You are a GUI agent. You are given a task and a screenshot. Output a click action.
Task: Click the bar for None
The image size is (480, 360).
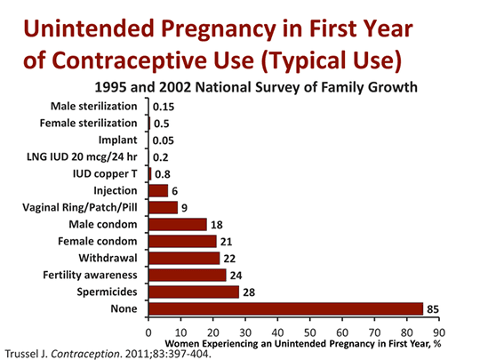pyautogui.click(x=286, y=308)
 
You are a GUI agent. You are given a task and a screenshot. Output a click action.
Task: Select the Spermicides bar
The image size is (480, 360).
pyautogui.click(x=194, y=292)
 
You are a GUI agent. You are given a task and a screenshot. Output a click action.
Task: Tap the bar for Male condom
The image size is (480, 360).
pyautogui.click(x=178, y=224)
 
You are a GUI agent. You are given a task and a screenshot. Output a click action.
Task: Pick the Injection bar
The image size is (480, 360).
pyautogui.click(x=158, y=191)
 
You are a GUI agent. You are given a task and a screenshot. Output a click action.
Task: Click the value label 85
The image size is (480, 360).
pyautogui.click(x=433, y=309)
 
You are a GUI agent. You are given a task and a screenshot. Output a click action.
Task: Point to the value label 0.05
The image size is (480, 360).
pyautogui.click(x=164, y=140)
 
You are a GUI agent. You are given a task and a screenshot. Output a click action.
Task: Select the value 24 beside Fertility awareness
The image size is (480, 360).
pyautogui.click(x=236, y=276)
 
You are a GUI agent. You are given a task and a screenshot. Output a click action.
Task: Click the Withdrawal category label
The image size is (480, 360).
pyautogui.click(x=108, y=258)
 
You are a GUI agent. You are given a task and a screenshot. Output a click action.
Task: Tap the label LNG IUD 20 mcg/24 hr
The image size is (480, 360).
pyautogui.click(x=82, y=156)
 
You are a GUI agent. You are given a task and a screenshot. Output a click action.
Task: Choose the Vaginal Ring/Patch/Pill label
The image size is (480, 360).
pyautogui.click(x=80, y=207)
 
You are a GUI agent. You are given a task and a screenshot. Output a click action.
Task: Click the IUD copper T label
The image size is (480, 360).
pyautogui.click(x=105, y=174)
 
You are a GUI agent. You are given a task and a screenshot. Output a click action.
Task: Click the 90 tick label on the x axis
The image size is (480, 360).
pyautogui.click(x=439, y=332)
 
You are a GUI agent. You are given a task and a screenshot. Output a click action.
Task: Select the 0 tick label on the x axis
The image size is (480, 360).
pyautogui.click(x=148, y=332)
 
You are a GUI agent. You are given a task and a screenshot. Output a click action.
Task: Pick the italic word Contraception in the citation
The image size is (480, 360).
pyautogui.click(x=85, y=354)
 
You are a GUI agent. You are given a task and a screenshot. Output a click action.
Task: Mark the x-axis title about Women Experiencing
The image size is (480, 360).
pyautogui.click(x=303, y=344)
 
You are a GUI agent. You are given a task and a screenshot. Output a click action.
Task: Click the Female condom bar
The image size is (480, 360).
pyautogui.click(x=182, y=241)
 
